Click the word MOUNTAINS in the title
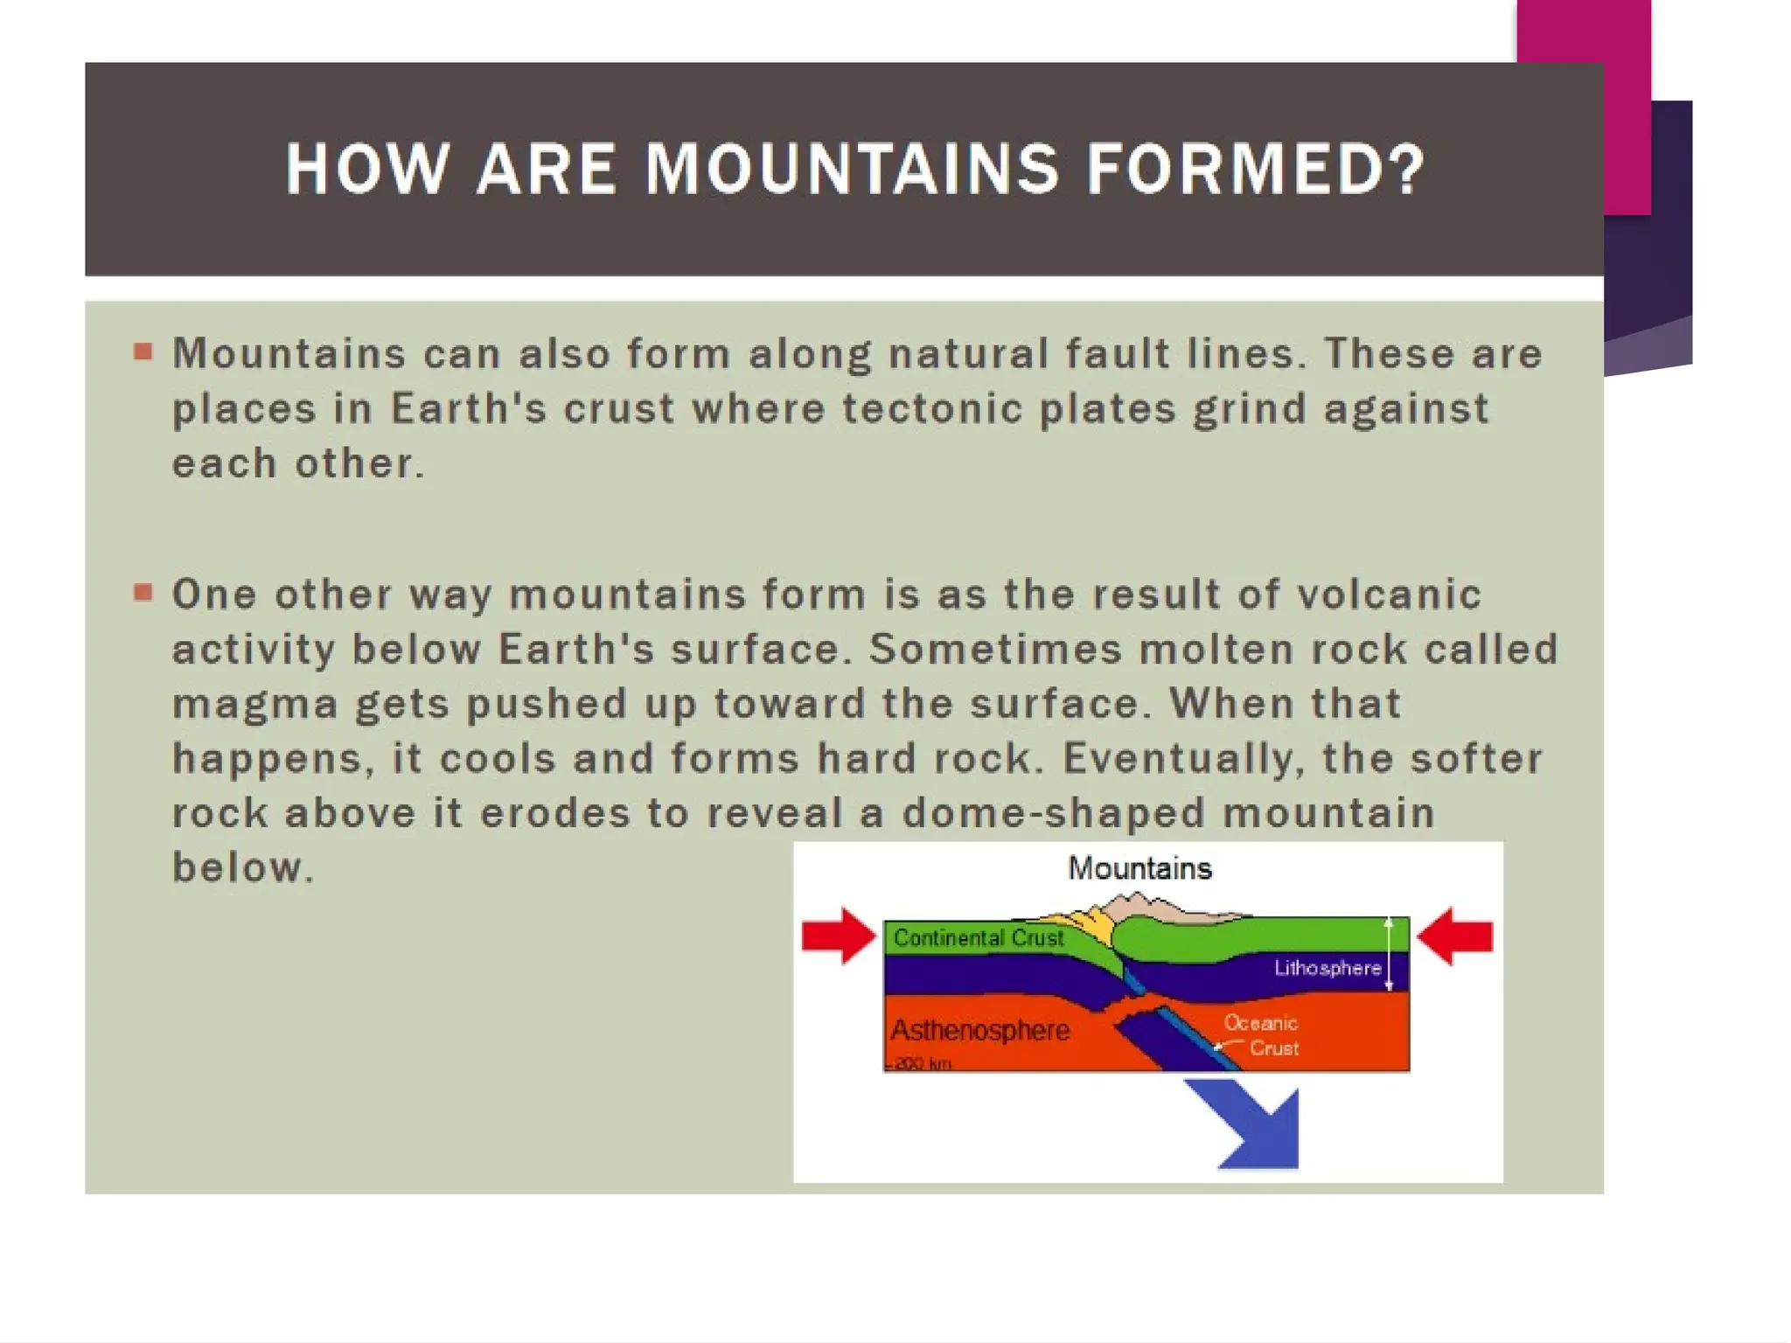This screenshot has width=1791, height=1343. [x=852, y=169]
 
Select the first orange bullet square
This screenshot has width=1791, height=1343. [x=143, y=352]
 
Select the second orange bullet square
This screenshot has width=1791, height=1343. [x=143, y=594]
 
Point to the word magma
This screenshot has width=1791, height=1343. [x=254, y=705]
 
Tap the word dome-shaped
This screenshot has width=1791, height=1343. [x=1054, y=813]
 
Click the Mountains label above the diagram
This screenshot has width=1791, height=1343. [x=1139, y=868]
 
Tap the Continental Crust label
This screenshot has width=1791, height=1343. [x=978, y=938]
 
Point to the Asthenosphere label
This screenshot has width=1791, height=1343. [x=979, y=1030]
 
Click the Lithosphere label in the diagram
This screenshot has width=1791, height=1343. [x=1327, y=968]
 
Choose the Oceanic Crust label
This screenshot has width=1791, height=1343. [x=1261, y=1034]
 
